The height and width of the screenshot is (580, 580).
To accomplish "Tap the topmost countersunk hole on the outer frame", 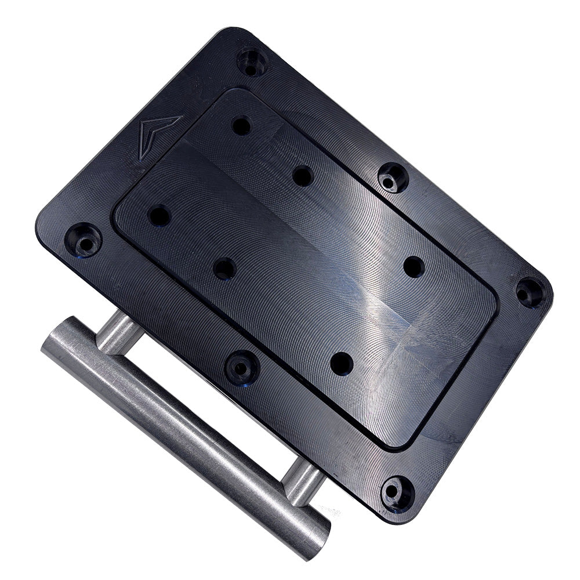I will (x=252, y=61).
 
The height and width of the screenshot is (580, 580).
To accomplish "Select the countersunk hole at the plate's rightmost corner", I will (x=530, y=292).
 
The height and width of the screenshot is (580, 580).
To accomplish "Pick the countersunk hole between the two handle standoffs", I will (x=242, y=367).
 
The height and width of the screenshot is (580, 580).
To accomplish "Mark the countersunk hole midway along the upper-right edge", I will (x=393, y=177).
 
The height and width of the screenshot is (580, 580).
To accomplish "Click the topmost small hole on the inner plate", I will (x=241, y=125).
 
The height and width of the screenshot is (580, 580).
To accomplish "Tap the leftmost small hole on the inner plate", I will (x=159, y=216).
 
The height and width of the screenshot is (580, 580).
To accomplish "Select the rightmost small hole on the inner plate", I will (x=414, y=267).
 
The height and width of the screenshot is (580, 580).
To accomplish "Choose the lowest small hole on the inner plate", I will (x=342, y=364).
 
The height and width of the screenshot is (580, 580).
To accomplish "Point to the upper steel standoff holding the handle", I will (x=118, y=331).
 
